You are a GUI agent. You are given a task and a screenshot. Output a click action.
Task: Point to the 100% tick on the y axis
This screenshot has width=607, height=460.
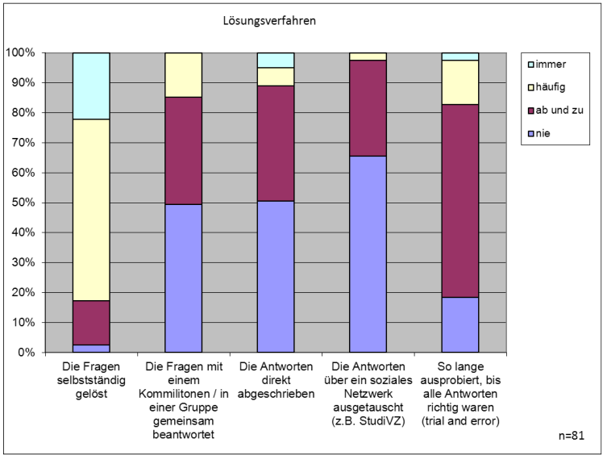22,53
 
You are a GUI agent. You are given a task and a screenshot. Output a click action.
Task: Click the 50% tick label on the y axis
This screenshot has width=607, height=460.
24,203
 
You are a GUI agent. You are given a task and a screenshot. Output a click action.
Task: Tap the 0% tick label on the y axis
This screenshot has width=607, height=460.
27,353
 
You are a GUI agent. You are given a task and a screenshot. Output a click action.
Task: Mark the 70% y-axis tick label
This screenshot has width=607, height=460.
24,143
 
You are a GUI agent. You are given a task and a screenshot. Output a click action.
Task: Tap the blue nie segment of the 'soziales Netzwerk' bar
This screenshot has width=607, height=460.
368,254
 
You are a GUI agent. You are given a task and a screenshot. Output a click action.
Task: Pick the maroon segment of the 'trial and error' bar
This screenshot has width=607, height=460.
459,201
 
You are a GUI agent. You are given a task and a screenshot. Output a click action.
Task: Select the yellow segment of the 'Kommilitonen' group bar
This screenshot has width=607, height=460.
183,75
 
